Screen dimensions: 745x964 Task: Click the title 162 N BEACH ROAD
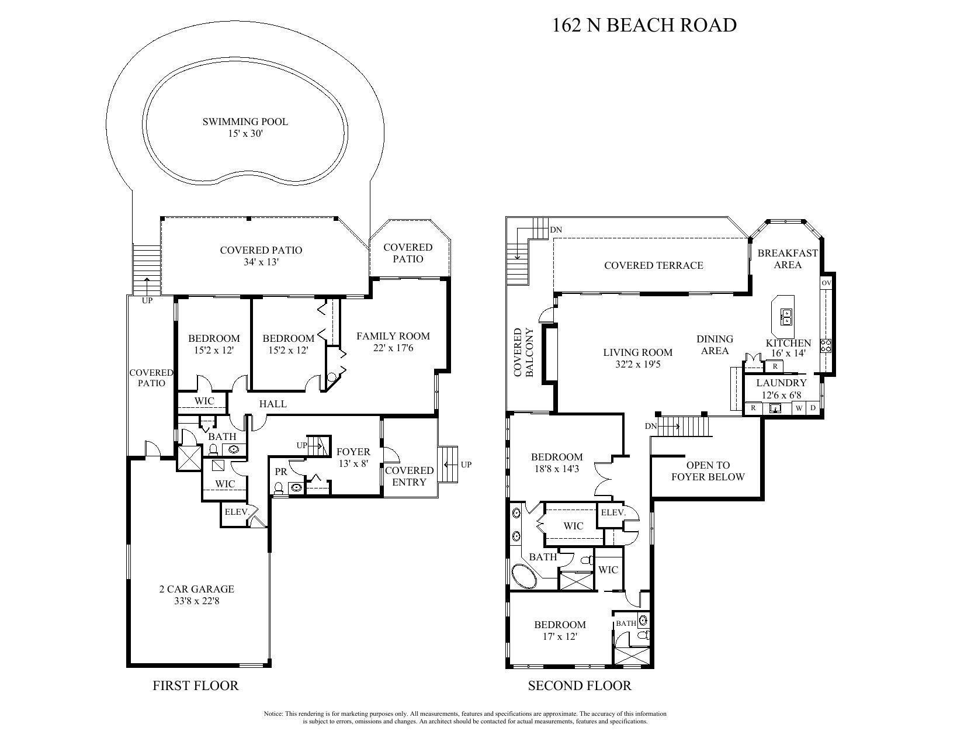tap(644, 25)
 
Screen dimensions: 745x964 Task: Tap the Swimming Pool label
tap(245, 122)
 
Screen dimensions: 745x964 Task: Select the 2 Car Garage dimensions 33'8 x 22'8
tap(196, 600)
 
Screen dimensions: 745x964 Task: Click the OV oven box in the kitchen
tap(826, 283)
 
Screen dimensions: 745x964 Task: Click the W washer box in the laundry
tap(799, 408)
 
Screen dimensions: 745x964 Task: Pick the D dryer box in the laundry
tap(813, 408)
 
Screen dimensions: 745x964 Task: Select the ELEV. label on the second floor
tap(613, 512)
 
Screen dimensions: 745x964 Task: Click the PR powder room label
tap(280, 472)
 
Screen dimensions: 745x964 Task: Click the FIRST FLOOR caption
tap(196, 685)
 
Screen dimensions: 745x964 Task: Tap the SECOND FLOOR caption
tap(580, 685)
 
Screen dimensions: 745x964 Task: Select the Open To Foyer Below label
tap(708, 471)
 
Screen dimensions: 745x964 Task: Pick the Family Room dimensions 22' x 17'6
tap(393, 348)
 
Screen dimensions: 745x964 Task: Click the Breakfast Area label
tap(787, 259)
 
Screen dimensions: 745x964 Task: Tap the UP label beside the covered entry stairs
tap(466, 465)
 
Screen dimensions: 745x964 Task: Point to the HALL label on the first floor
tap(273, 404)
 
